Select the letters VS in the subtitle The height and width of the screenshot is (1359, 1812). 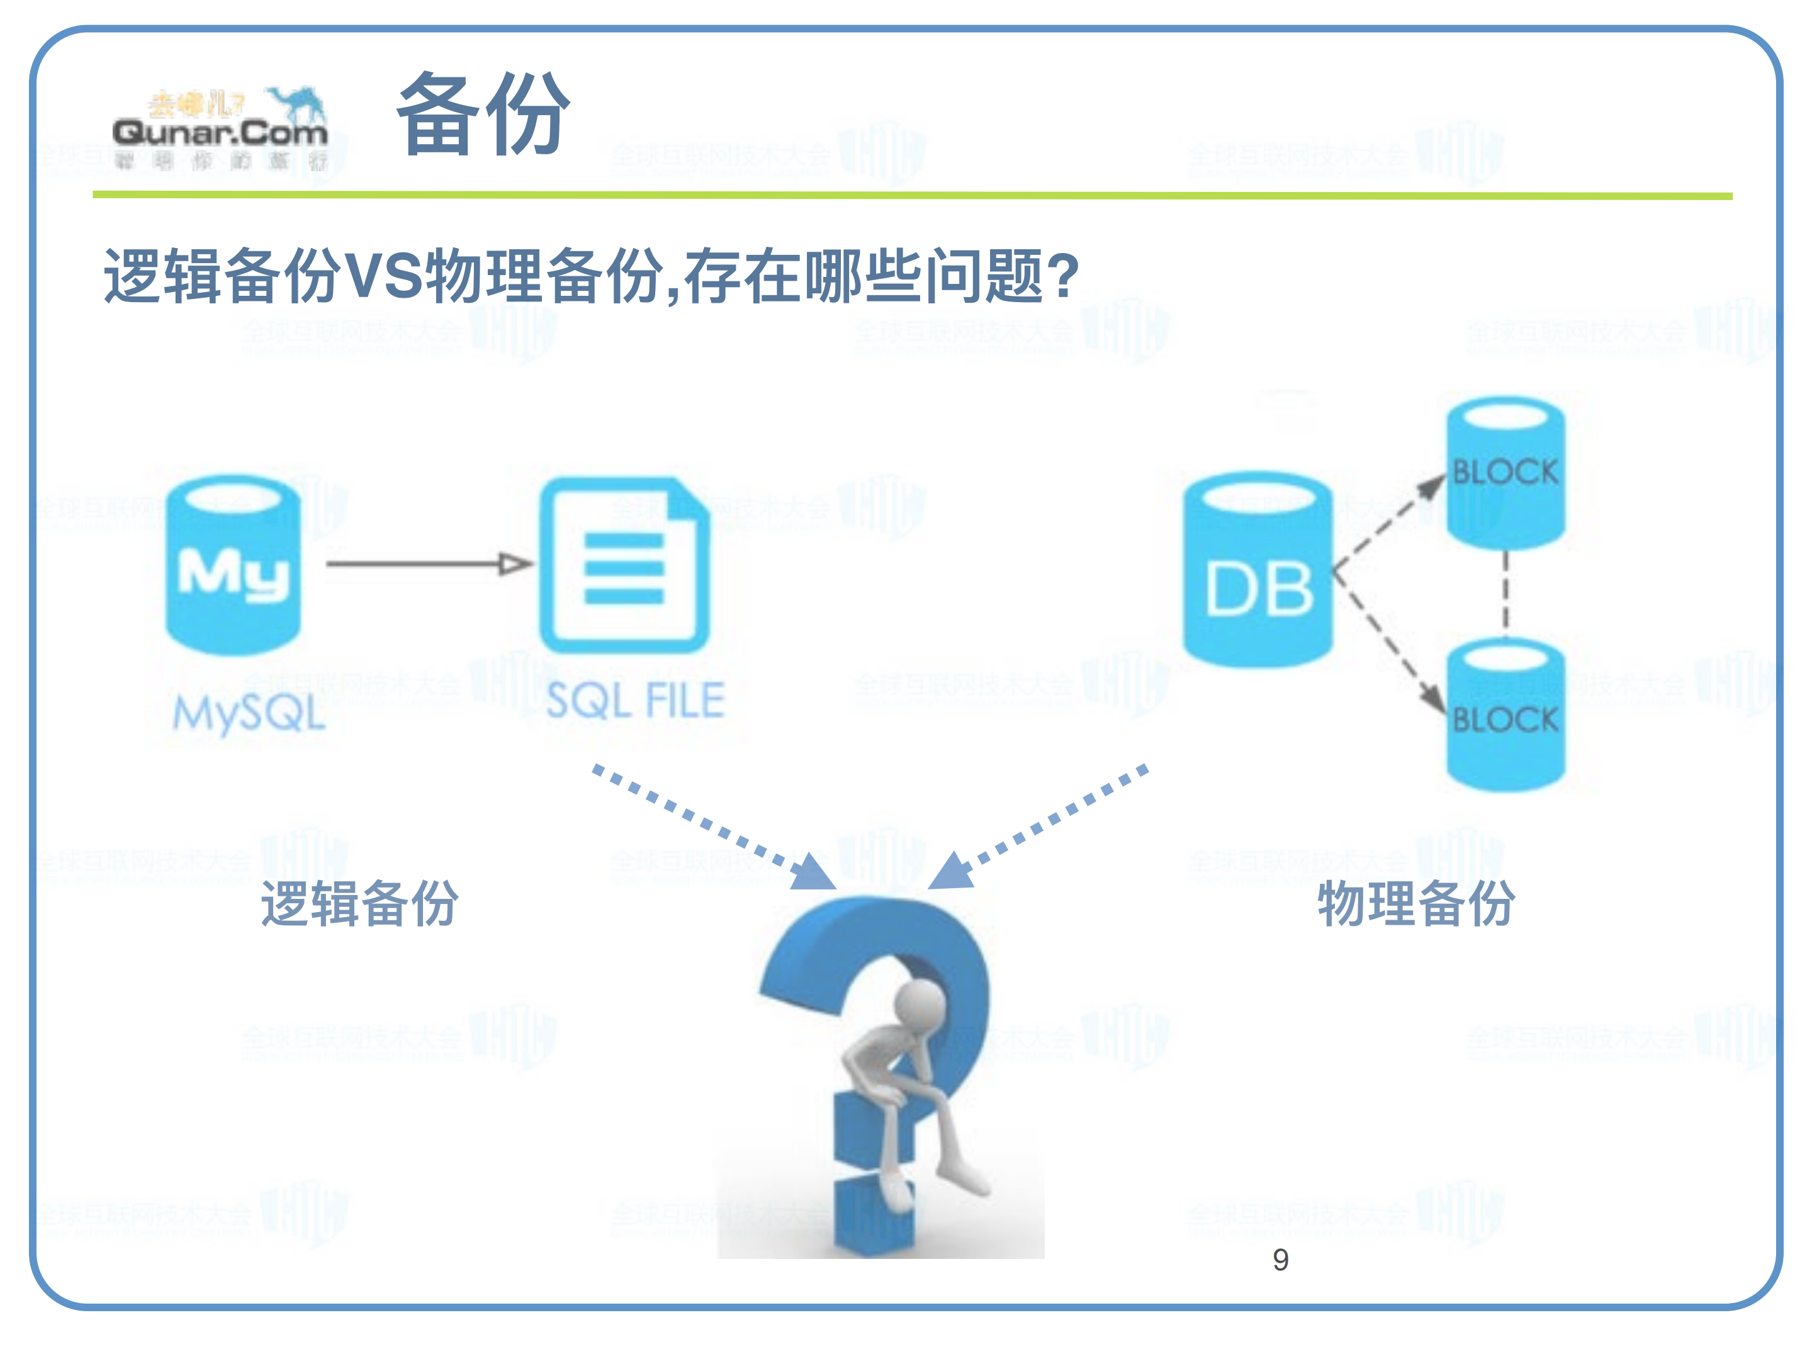(x=383, y=276)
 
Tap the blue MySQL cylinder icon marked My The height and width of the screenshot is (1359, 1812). (x=234, y=565)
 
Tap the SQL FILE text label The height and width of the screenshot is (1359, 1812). (x=635, y=701)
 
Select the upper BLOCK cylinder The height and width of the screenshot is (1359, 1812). (x=1505, y=473)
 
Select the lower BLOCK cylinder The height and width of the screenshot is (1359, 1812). (x=1505, y=717)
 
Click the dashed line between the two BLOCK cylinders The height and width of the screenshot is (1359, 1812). (x=1505, y=592)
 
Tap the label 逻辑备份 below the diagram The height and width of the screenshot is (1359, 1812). (x=359, y=903)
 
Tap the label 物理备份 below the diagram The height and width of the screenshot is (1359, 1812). (x=1415, y=903)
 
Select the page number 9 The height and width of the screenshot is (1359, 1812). (x=1280, y=1259)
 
